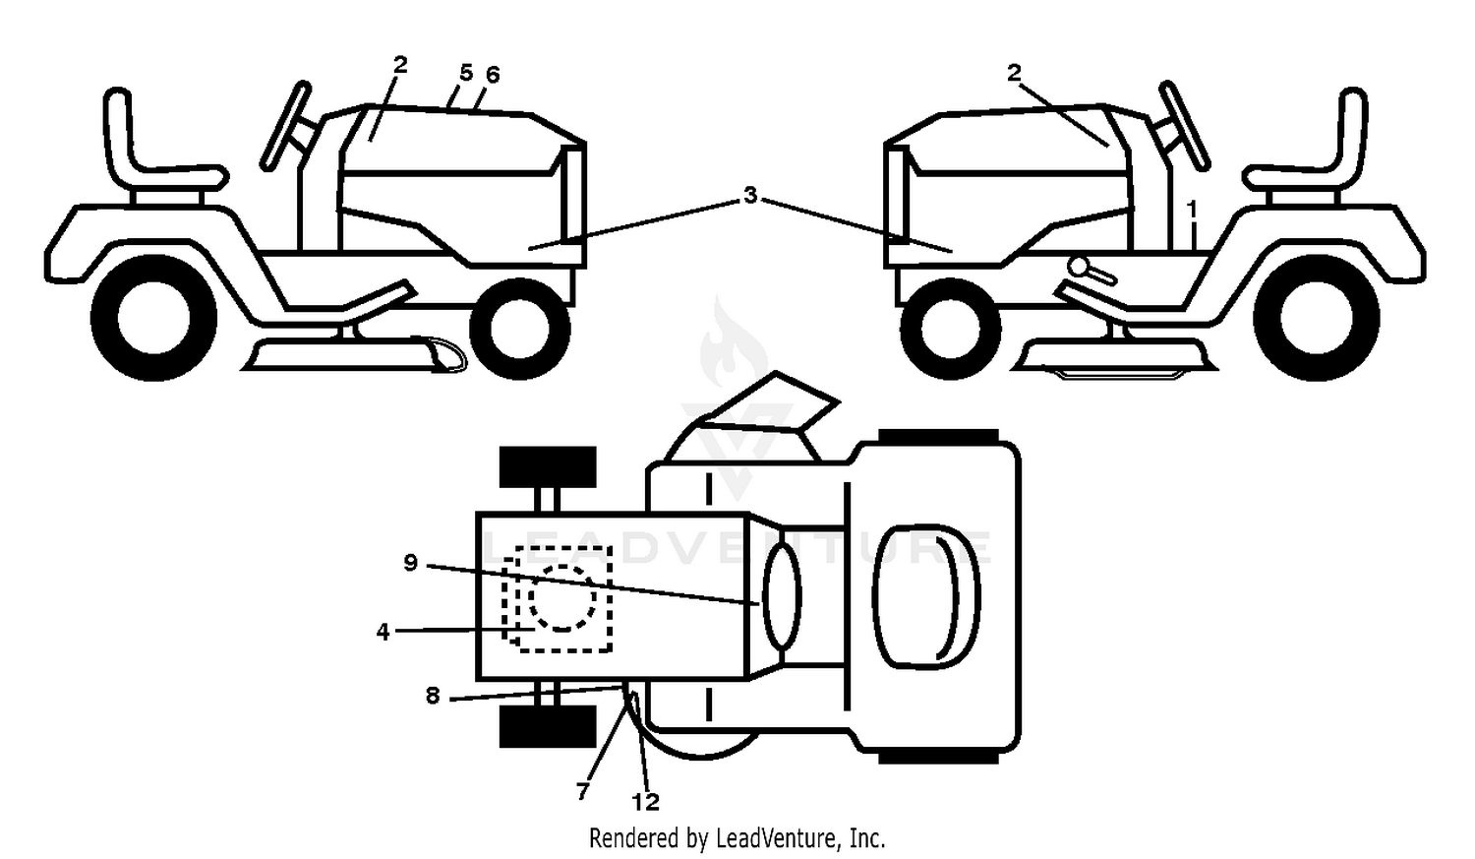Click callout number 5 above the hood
465,73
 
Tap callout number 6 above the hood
492,75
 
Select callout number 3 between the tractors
750,195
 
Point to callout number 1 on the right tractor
1191,210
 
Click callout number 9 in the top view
410,563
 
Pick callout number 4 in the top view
383,632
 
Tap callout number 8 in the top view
432,695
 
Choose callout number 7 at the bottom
582,791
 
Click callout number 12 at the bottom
645,802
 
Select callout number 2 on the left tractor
399,65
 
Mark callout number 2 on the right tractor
1014,73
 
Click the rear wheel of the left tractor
153,318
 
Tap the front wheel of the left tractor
520,329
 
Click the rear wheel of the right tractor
1317,318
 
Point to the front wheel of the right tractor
950,329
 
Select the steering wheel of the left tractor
285,126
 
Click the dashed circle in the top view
562,597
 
